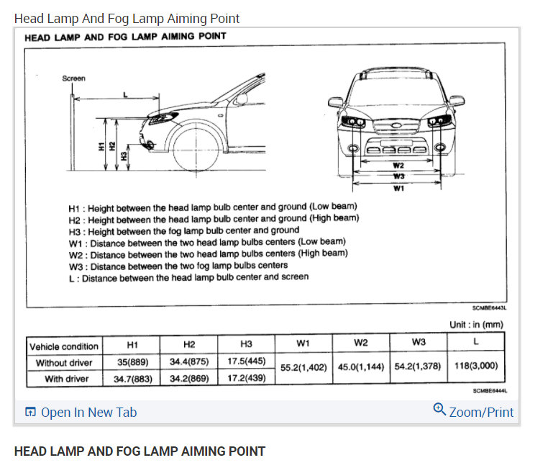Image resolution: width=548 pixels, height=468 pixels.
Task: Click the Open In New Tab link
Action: [81, 413]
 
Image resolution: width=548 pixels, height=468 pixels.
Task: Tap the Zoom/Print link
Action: [474, 412]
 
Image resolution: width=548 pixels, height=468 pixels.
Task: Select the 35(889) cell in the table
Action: [132, 363]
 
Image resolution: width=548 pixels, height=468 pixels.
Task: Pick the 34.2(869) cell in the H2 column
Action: [190, 379]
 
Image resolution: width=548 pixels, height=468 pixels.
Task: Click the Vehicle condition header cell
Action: [63, 346]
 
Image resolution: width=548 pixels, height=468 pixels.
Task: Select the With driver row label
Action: [67, 379]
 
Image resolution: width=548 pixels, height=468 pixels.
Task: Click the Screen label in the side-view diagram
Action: [73, 78]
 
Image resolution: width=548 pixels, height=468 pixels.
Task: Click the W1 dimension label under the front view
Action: [398, 188]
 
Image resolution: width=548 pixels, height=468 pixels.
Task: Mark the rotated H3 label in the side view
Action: [124, 155]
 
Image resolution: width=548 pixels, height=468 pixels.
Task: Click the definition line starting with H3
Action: [183, 230]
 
